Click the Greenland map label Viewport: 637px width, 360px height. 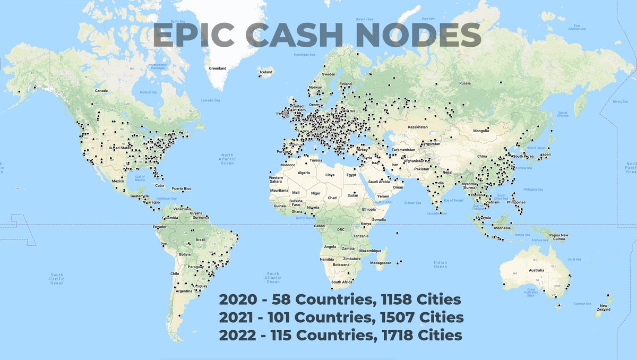(x=218, y=68)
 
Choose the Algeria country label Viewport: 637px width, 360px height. (x=303, y=173)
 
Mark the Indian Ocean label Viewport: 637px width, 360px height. (x=440, y=264)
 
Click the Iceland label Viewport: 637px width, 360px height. (x=265, y=72)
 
